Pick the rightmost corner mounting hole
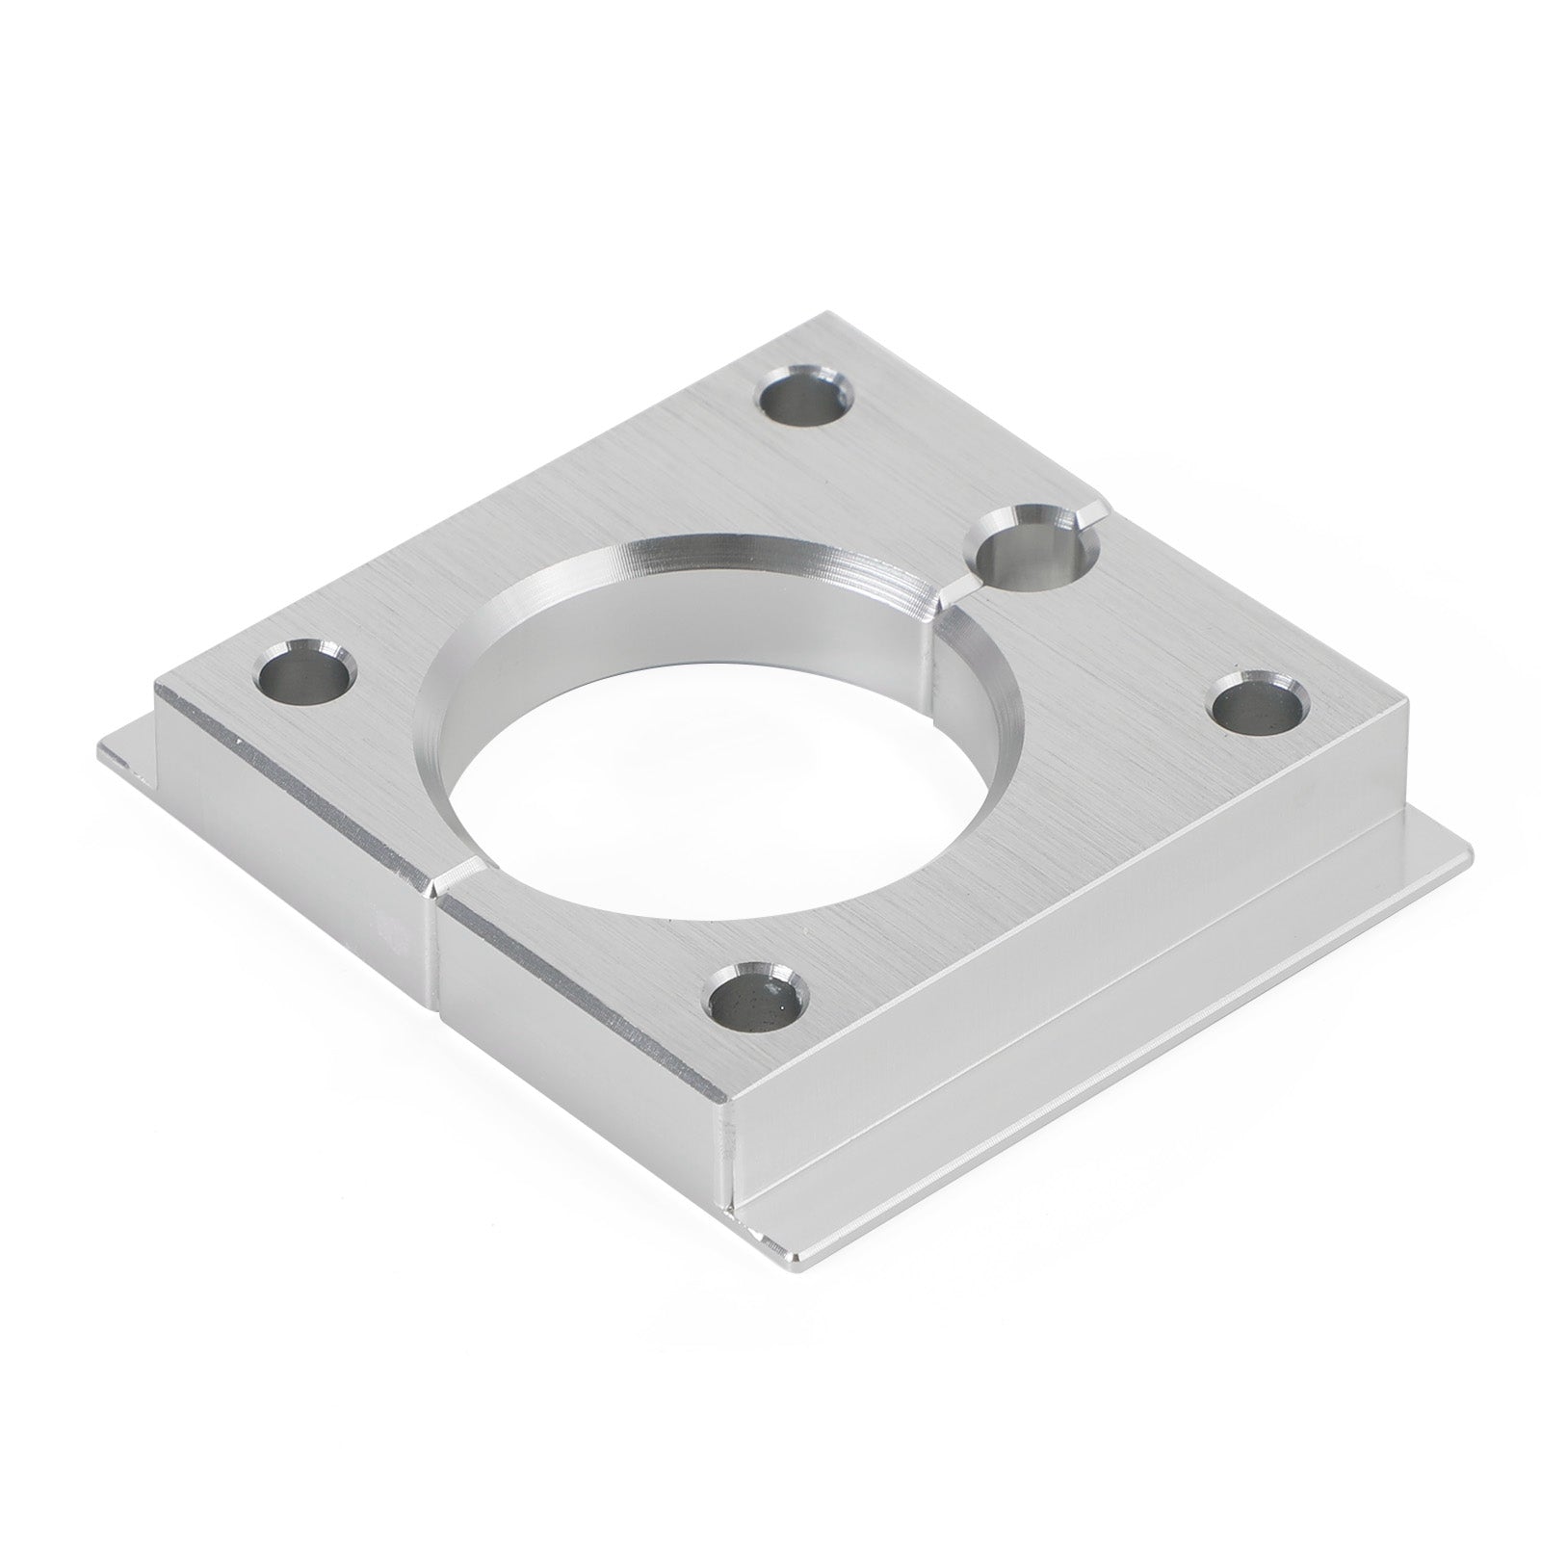1258,705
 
